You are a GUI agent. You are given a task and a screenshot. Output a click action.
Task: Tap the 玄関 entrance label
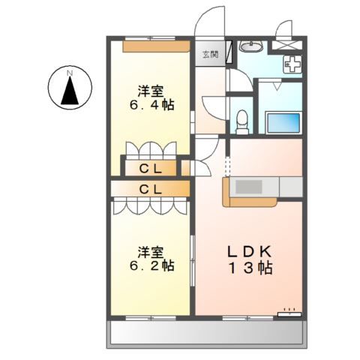point(210,54)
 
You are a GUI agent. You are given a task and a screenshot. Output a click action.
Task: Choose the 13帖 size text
point(250,268)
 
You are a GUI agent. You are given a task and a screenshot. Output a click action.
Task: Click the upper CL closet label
point(151,168)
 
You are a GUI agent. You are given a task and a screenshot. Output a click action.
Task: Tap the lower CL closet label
point(151,189)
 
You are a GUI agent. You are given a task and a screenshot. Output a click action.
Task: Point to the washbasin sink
point(250,49)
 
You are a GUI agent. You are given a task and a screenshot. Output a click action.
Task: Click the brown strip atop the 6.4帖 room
point(156,46)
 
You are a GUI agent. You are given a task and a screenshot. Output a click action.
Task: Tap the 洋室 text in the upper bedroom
point(150,91)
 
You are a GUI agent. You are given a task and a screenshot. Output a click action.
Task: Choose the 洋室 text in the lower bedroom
point(150,252)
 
